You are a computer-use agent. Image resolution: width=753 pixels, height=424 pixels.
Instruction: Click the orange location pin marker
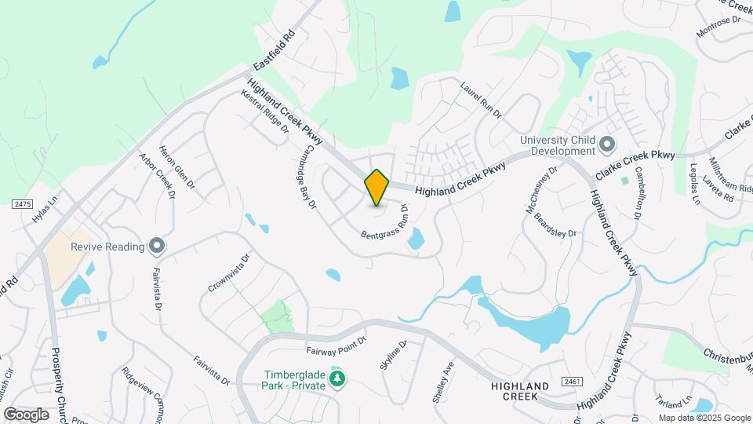click(377, 188)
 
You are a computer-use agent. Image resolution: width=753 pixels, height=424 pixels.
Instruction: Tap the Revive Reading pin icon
click(157, 247)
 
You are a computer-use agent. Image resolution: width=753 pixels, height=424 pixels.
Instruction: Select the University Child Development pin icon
click(606, 145)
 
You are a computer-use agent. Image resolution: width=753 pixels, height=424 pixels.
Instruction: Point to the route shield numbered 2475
click(22, 204)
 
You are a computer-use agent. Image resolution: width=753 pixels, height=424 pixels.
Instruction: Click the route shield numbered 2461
click(573, 381)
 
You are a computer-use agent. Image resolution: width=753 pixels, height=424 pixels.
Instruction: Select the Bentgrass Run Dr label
click(385, 222)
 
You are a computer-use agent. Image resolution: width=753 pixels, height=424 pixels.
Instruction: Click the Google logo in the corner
click(26, 414)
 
